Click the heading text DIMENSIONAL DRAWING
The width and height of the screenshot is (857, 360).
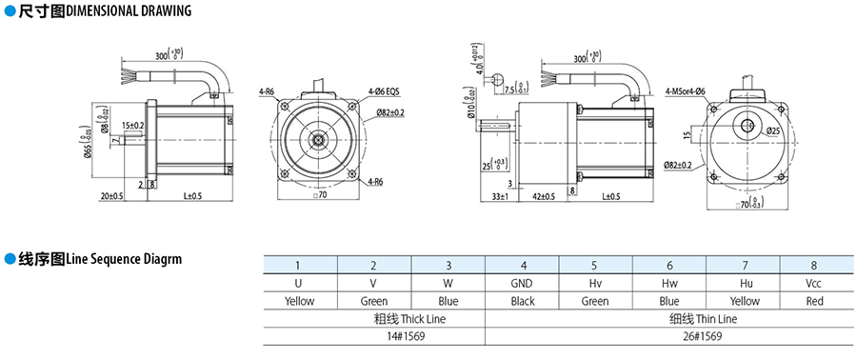click(x=129, y=10)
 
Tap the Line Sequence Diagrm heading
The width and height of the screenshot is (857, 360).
click(x=124, y=258)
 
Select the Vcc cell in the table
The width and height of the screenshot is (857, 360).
click(x=814, y=283)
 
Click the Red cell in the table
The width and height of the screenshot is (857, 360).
click(x=814, y=300)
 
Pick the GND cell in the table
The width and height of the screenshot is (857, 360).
click(x=523, y=283)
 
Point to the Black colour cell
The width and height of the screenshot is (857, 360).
click(x=523, y=300)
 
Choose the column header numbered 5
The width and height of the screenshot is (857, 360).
click(x=595, y=266)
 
